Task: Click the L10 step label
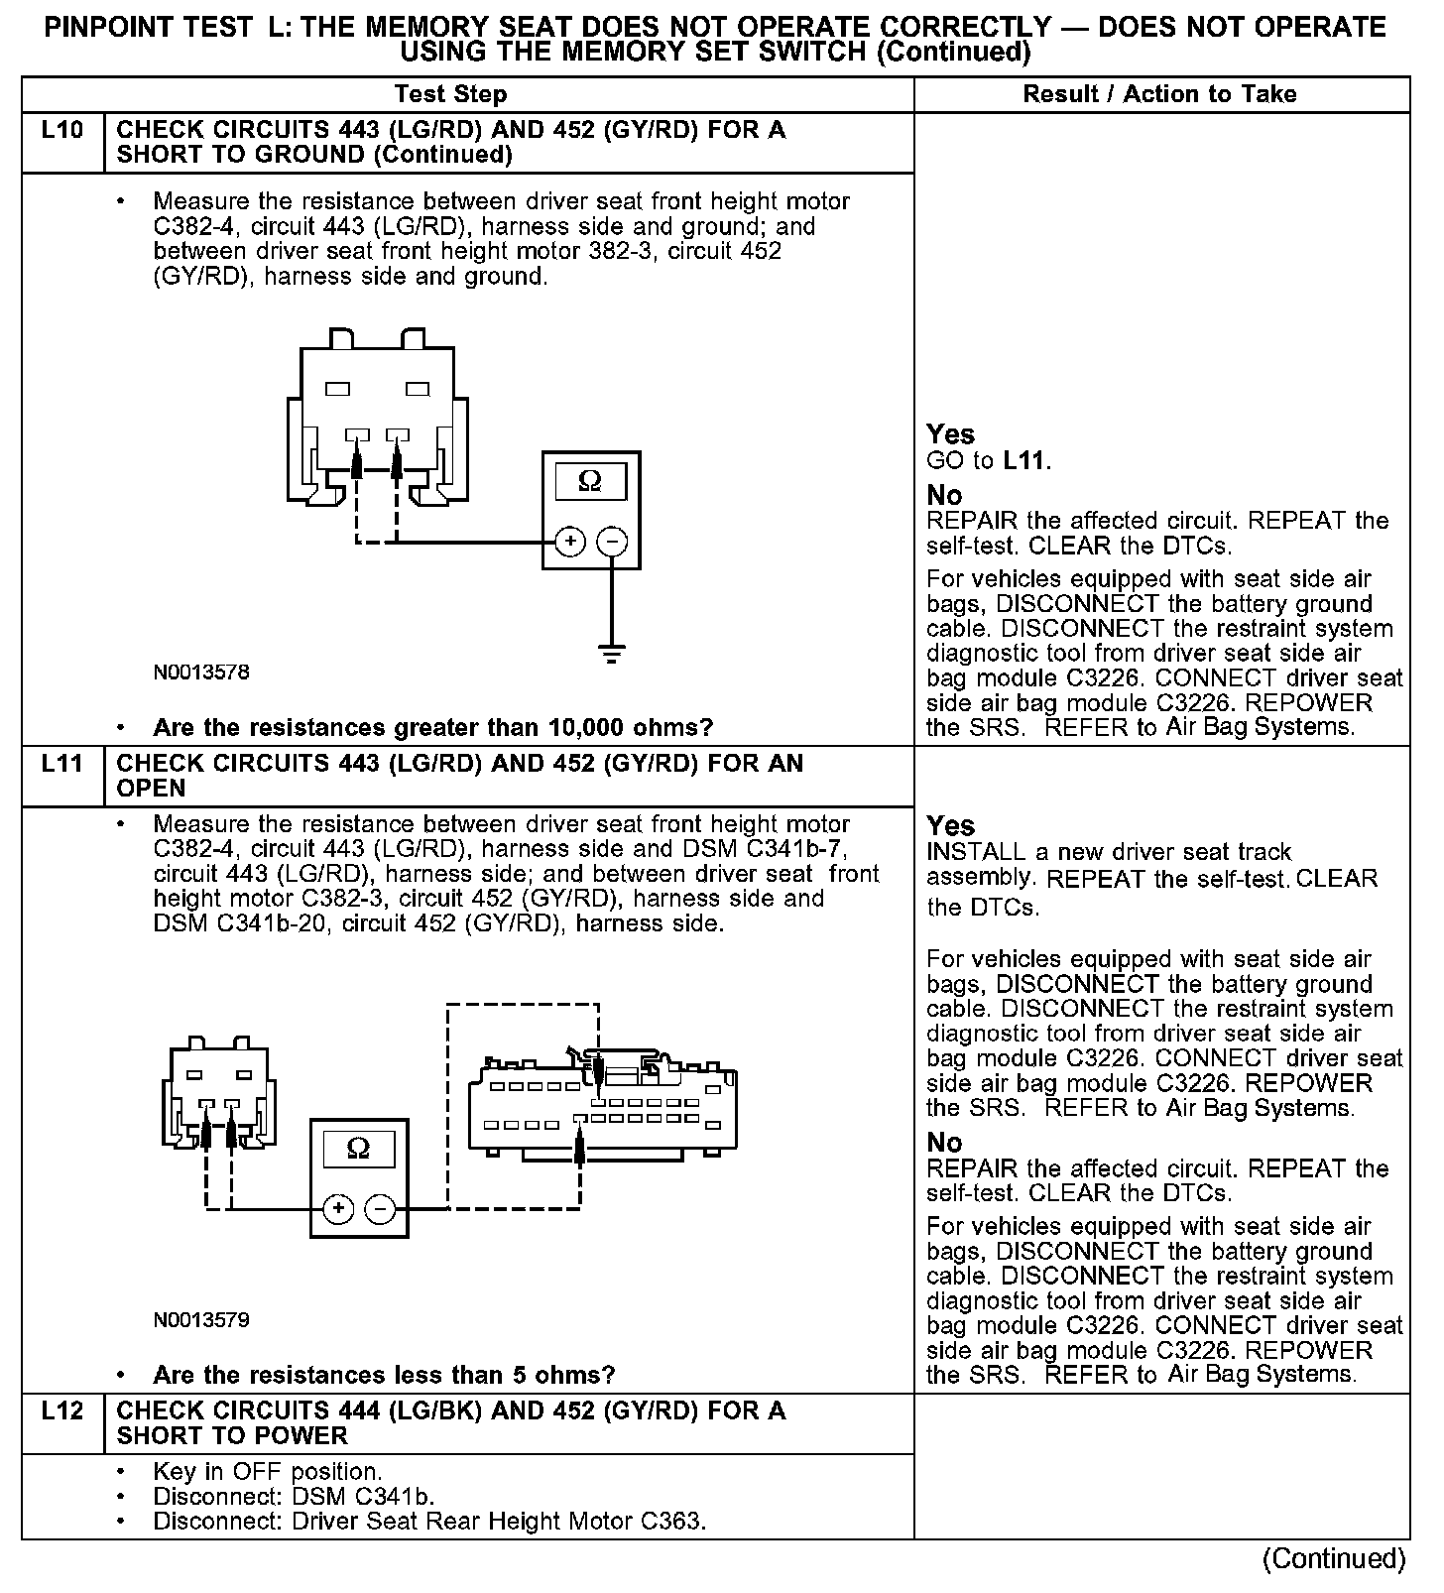(61, 130)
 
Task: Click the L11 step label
(61, 764)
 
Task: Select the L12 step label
(61, 1410)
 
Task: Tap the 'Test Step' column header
(450, 94)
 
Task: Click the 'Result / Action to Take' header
(1159, 94)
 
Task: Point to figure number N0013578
(201, 673)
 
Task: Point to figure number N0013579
(201, 1320)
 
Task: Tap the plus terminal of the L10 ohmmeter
(569, 542)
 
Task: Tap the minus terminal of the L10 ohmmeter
(613, 542)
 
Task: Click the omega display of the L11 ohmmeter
(359, 1149)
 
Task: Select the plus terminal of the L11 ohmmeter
(338, 1208)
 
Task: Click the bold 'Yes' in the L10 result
(950, 434)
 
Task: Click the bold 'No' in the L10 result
(944, 495)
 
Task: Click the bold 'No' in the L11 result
(944, 1143)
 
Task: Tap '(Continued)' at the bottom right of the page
(1334, 1558)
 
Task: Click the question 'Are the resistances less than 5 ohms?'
(384, 1375)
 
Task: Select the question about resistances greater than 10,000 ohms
(432, 727)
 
